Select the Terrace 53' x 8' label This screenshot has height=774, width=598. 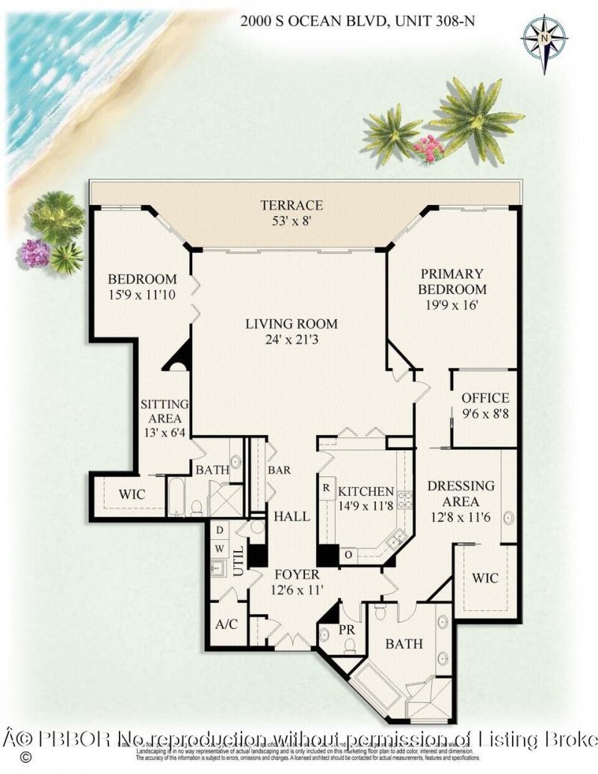tap(292, 212)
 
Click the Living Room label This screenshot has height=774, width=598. tap(292, 331)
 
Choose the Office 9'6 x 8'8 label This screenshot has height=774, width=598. tap(485, 405)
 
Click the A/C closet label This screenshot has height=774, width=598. tap(226, 624)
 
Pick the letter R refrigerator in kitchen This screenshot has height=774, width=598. tap(327, 487)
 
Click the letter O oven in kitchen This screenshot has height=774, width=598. tap(348, 554)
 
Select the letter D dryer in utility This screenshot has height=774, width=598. tap(219, 529)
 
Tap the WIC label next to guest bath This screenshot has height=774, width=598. tap(132, 494)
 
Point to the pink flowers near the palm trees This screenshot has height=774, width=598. tap(428, 147)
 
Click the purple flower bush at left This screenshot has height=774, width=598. tap(34, 253)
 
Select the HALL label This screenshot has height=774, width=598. tap(286, 516)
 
